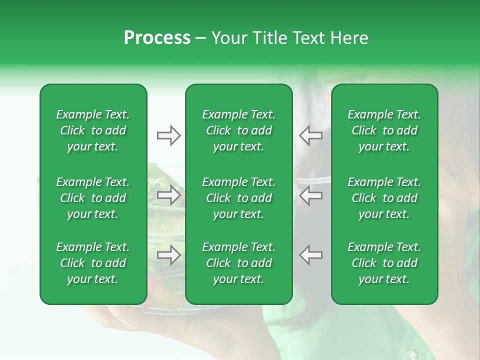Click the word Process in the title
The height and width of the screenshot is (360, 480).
[x=157, y=38]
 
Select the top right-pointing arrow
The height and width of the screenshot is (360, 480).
[x=168, y=135]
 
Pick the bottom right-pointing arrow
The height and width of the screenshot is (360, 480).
[x=168, y=255]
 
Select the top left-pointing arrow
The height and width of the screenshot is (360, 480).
[x=310, y=135]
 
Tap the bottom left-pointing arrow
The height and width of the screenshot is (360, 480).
[x=310, y=255]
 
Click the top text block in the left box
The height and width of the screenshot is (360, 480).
[x=93, y=130]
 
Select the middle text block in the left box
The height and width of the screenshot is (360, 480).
[x=93, y=198]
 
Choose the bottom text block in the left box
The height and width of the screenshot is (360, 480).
[x=93, y=263]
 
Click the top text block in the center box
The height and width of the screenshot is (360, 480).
[x=238, y=130]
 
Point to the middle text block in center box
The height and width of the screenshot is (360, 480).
[x=238, y=198]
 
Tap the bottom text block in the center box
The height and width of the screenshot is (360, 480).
[x=238, y=263]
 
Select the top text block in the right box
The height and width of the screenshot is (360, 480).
[x=384, y=130]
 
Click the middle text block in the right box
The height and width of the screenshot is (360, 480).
[x=384, y=198]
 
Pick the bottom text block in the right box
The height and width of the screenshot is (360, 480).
[x=384, y=263]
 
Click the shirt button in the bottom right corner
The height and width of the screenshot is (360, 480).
[x=411, y=355]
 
